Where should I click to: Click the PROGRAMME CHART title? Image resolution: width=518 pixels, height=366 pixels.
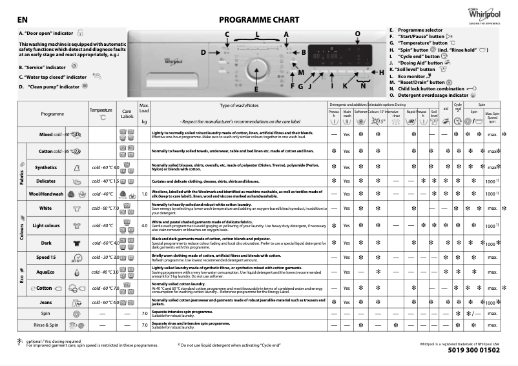[x=257, y=20]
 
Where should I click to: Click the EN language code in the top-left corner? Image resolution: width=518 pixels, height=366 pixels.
[x=23, y=21]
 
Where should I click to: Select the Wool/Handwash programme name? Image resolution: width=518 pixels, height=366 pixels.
[x=47, y=194]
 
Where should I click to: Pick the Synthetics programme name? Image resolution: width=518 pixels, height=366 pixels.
[x=46, y=167]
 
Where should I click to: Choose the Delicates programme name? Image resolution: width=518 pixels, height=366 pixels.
[x=46, y=181]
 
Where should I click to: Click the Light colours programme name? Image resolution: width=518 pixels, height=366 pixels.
[x=47, y=226]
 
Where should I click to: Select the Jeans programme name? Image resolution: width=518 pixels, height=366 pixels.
[x=46, y=302]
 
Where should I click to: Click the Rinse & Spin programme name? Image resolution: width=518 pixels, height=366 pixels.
[x=46, y=325]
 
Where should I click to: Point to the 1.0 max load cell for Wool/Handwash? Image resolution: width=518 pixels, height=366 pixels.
[x=145, y=194]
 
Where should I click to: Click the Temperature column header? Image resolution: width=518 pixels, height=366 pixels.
[x=101, y=110]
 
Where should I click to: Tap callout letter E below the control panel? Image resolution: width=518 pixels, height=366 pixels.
[x=256, y=88]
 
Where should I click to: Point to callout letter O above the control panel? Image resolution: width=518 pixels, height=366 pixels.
[x=358, y=32]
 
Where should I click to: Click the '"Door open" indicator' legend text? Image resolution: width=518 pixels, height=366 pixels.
[x=46, y=32]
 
